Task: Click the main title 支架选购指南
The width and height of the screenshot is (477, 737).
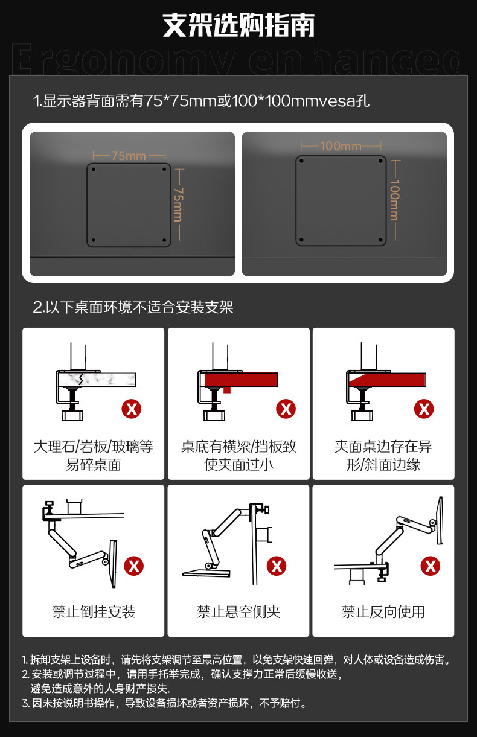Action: (x=238, y=25)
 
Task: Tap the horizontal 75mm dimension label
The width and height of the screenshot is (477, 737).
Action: (x=129, y=156)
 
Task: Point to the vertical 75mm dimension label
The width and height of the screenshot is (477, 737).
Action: (x=179, y=205)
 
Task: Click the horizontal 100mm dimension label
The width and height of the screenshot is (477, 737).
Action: (x=341, y=145)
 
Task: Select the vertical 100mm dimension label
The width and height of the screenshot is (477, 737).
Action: (x=395, y=200)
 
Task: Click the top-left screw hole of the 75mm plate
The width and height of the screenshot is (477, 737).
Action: (x=94, y=170)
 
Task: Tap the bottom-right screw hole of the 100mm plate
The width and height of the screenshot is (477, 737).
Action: (x=380, y=240)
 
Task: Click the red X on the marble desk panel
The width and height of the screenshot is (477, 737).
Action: (x=132, y=409)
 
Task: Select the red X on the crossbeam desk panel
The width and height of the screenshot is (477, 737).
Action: (x=286, y=409)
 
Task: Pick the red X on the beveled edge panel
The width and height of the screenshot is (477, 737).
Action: (x=424, y=409)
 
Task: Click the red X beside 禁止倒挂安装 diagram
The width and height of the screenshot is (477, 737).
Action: (x=133, y=566)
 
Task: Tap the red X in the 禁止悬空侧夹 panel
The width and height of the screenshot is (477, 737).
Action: (x=276, y=566)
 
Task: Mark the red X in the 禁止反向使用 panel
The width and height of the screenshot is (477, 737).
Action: (x=431, y=566)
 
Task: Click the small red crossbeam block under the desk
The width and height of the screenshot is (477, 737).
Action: (x=227, y=389)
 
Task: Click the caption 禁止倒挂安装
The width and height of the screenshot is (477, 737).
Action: (x=94, y=612)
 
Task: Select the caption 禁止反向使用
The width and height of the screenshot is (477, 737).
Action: (x=383, y=612)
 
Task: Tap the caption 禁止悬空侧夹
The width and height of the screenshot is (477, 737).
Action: (x=238, y=612)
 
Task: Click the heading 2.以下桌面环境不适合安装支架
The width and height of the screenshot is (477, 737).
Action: (x=133, y=307)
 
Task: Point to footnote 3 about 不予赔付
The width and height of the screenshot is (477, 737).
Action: (x=164, y=703)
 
